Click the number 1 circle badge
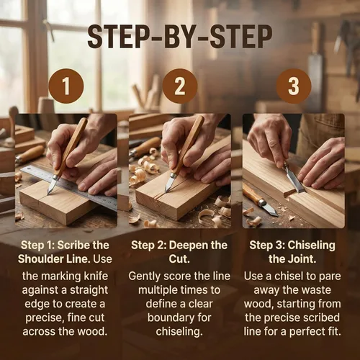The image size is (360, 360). click(66, 86)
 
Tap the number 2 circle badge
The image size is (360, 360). click(180, 86)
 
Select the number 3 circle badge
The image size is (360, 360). click(294, 86)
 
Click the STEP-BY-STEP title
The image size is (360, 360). click(180, 37)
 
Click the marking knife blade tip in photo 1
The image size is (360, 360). click(48, 194)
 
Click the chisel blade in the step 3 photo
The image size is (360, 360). click(294, 181)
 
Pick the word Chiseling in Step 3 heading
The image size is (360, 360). click(311, 246)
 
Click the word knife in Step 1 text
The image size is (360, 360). click(96, 276)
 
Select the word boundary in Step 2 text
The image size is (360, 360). click(169, 318)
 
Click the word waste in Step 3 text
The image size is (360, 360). click(317, 290)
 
